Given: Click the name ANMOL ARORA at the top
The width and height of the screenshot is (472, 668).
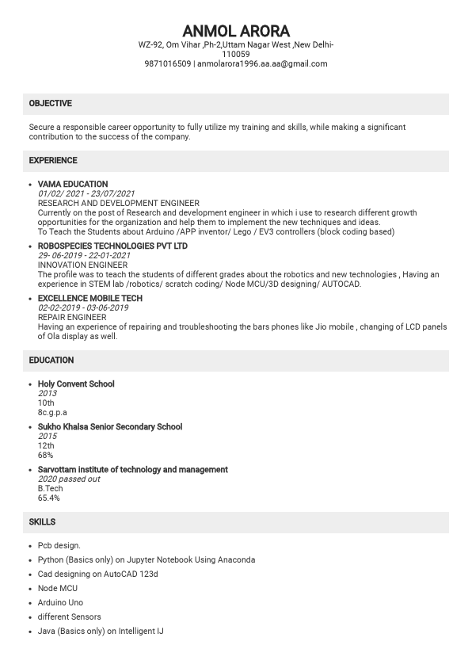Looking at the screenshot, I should [236, 31].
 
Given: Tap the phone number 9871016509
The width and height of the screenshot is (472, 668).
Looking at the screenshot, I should [168, 64].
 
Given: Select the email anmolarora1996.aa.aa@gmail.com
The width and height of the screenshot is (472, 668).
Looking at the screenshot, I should [262, 64].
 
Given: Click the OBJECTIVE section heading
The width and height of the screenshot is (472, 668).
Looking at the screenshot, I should [51, 104].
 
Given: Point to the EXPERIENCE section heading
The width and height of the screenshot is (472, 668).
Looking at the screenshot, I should [53, 161].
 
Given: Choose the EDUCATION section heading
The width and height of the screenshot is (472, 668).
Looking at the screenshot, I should [51, 361].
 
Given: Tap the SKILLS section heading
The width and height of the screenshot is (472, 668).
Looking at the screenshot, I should [43, 522].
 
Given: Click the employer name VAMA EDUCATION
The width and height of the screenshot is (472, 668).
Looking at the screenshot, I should [73, 185].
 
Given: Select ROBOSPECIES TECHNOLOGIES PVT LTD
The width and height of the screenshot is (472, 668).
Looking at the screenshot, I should [112, 246].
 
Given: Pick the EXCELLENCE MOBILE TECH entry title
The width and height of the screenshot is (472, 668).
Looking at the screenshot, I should [90, 299].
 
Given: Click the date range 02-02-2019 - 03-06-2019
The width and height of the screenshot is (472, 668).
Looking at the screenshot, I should [83, 308].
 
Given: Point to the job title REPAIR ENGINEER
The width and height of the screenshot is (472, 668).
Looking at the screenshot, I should [72, 318].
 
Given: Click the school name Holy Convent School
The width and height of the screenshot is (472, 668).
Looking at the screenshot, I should [76, 384].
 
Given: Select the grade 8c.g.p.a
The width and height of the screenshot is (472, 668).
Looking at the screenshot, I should [52, 413].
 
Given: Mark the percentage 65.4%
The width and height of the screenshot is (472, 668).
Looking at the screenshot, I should [49, 498].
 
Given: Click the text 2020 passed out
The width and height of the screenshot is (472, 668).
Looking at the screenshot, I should [69, 479].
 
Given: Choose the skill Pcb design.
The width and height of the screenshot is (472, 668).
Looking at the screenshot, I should [59, 546].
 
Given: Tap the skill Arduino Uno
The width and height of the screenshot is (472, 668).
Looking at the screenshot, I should [60, 603].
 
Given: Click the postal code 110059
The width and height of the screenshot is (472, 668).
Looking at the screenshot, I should [236, 55].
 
